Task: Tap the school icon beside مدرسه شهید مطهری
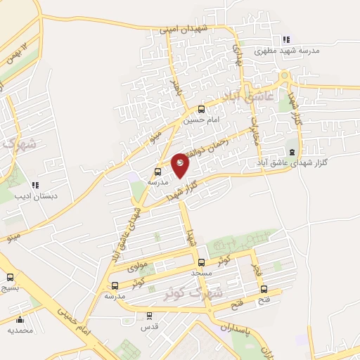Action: point(285,39)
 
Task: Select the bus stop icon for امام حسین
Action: point(202,108)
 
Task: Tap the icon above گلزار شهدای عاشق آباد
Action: point(292,152)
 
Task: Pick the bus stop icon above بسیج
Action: point(10,277)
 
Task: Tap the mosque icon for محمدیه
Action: point(20,317)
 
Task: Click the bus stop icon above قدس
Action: point(148,316)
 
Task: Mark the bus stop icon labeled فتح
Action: point(264,288)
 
